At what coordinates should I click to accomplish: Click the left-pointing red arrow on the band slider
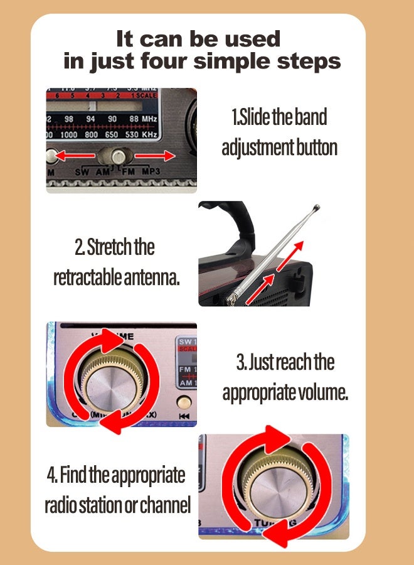pos(71,154)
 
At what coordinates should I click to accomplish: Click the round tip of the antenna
pos(317,207)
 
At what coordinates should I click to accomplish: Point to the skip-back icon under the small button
pos(184,416)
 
